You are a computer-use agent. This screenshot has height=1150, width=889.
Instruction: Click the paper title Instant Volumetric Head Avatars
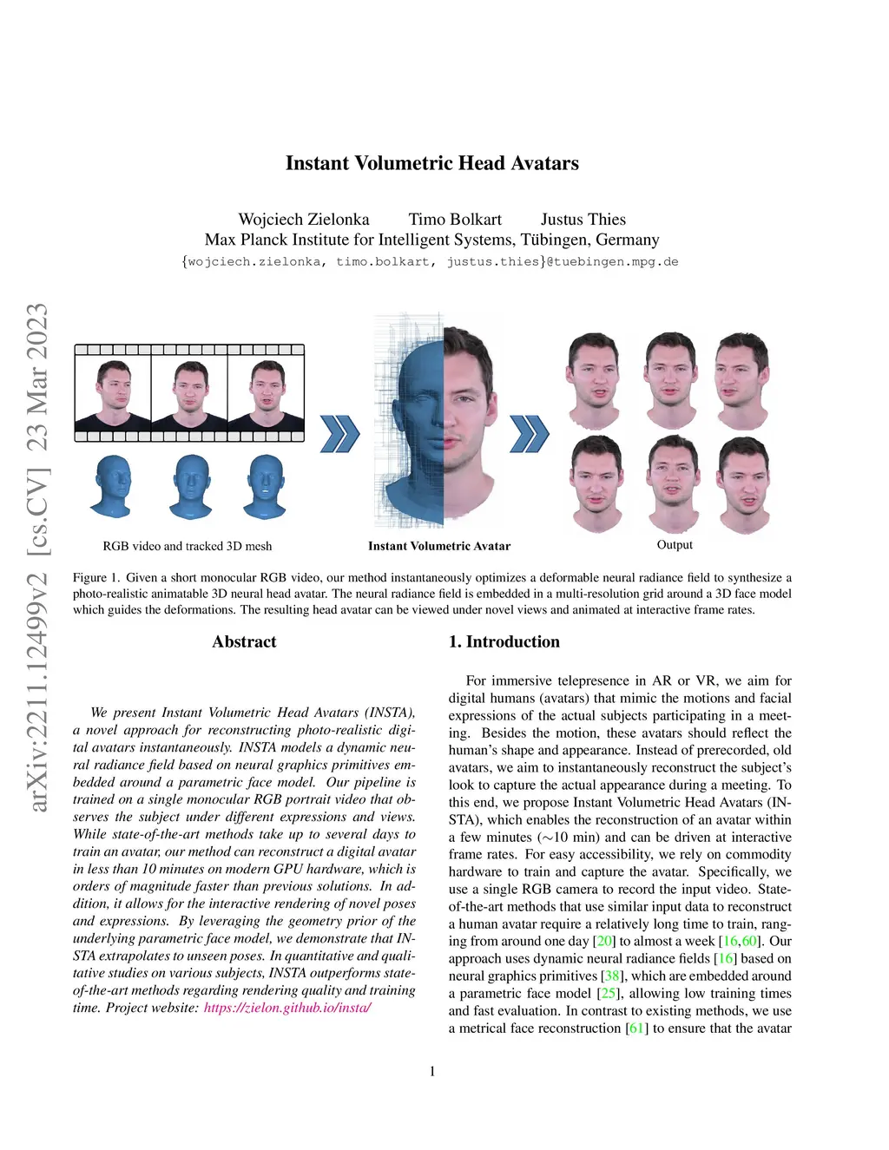click(432, 163)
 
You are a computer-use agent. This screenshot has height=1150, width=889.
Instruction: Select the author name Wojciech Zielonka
click(304, 219)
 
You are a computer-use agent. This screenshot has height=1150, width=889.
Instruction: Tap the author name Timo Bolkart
click(455, 219)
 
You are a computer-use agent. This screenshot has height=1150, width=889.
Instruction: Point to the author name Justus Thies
click(583, 219)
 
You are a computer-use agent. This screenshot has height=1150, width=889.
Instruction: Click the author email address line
click(431, 261)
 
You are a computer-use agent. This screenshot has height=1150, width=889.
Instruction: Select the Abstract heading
click(245, 641)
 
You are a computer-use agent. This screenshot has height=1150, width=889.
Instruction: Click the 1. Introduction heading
click(504, 641)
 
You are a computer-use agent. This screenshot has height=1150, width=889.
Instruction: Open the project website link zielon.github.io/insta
click(287, 1007)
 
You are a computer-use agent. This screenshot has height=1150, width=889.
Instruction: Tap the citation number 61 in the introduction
click(637, 1028)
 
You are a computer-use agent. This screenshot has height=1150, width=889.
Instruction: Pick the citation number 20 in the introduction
click(603, 941)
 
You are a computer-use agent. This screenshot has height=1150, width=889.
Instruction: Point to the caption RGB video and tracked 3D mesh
click(188, 546)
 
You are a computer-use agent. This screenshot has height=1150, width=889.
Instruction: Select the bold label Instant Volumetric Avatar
click(439, 546)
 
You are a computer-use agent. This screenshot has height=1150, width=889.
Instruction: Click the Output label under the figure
click(675, 544)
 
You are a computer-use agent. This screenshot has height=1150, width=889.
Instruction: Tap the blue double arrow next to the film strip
click(339, 434)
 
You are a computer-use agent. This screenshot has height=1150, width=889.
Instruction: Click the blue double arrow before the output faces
click(530, 434)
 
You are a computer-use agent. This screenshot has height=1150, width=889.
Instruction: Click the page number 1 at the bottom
click(432, 1072)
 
